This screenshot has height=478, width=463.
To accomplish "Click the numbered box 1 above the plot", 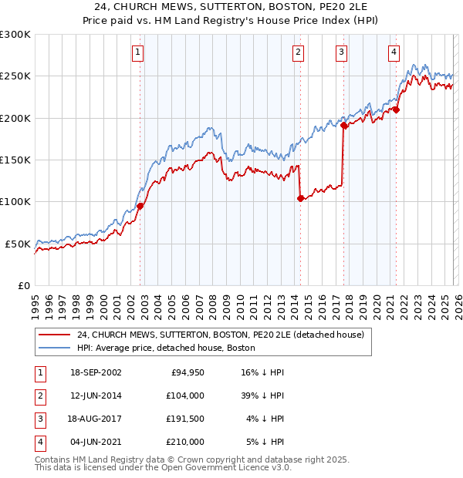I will (x=137, y=52).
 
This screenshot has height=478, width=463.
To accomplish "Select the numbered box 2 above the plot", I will (x=298, y=52).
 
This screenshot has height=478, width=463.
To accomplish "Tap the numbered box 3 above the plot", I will (x=341, y=52).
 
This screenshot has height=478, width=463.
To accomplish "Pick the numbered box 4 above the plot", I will (x=394, y=52).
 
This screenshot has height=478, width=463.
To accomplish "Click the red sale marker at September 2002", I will (x=140, y=206).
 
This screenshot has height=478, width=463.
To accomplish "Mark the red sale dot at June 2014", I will (x=300, y=198).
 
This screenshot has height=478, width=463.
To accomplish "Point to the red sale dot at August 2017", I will (x=343, y=126).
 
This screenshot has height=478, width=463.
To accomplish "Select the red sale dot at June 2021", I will (x=396, y=110).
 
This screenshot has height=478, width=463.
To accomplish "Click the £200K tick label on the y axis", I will (x=15, y=118).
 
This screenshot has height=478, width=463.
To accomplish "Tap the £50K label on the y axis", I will (x=19, y=244).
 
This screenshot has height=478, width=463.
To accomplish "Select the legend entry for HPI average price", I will (x=171, y=348).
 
